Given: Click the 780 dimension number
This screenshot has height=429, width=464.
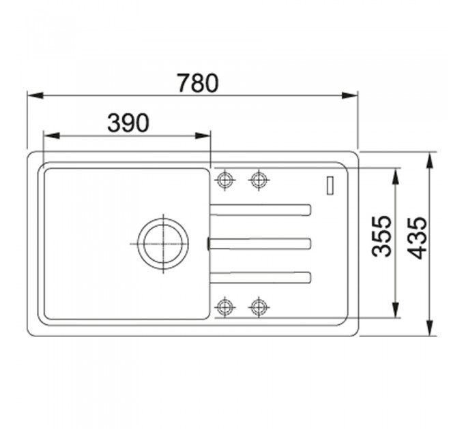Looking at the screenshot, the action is (x=198, y=83).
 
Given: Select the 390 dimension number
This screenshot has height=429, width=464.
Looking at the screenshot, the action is (x=128, y=123).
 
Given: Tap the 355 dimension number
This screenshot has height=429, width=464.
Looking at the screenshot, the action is (x=381, y=236).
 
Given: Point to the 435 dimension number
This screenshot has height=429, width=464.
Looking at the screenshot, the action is (x=417, y=238).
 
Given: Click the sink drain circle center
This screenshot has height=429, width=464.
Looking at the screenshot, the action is (x=163, y=244).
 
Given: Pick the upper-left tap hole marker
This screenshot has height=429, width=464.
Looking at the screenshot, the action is (x=224, y=180).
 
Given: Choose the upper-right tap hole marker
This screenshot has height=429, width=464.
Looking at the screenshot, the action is (x=259, y=180).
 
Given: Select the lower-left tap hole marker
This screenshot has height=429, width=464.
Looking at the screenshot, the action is (x=224, y=307).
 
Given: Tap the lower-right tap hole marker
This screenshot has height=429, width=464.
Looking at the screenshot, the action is (x=259, y=307).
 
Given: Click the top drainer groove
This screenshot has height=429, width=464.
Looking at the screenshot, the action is (x=260, y=210).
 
